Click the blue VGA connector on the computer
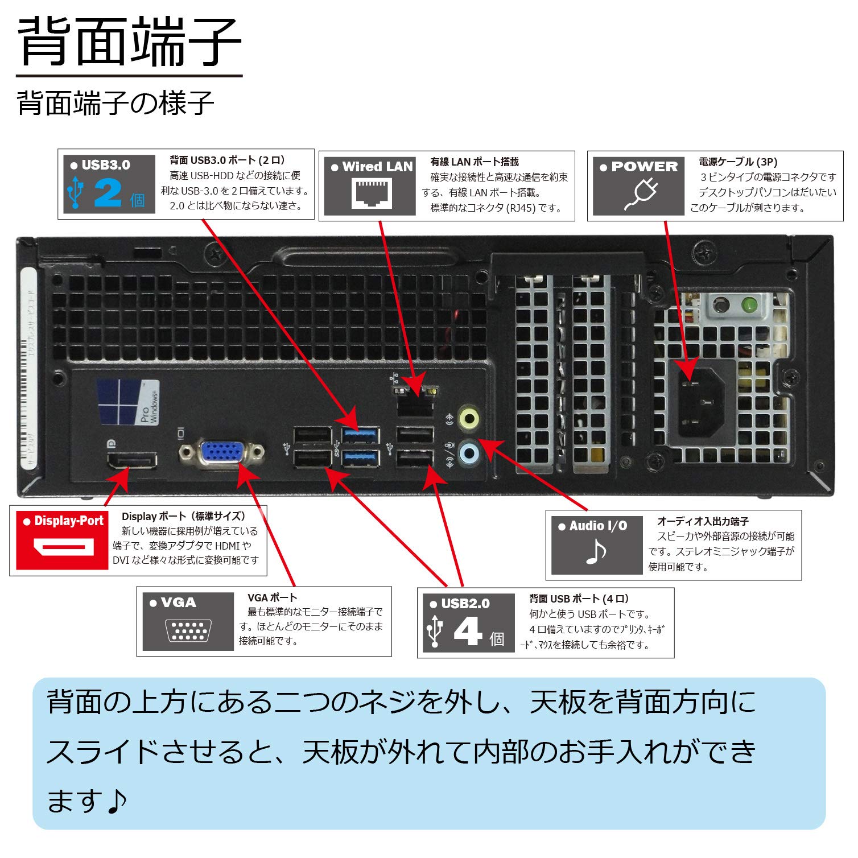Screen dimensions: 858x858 [x=222, y=453]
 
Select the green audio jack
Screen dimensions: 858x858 [x=469, y=418]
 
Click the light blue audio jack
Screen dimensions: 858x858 [x=469, y=453]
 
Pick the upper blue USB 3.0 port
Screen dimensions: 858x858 [x=360, y=435]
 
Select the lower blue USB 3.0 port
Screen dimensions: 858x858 [x=360, y=457]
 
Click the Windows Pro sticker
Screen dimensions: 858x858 [x=129, y=402]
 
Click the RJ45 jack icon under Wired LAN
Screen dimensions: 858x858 [x=373, y=193]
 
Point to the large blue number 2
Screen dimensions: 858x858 [x=108, y=192]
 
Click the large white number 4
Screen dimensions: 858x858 [x=468, y=632]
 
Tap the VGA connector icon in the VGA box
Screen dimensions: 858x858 [x=188, y=630]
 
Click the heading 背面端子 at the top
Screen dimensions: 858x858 [x=130, y=43]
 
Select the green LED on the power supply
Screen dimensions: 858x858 [x=750, y=306]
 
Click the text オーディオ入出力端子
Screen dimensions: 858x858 [x=703, y=521]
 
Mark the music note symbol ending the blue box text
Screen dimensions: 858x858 [x=117, y=801]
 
